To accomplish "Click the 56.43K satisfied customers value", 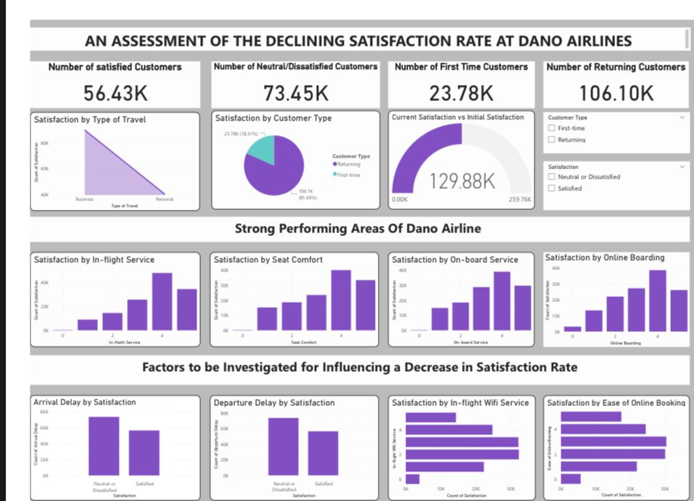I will pyautogui.click(x=115, y=93).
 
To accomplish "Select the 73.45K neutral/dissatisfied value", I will pyautogui.click(x=296, y=93).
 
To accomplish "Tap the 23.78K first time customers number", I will pyautogui.click(x=460, y=93).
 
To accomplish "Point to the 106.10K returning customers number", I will pyautogui.click(x=616, y=93).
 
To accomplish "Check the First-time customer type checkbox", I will pyautogui.click(x=552, y=129).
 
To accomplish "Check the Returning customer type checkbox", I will pyautogui.click(x=552, y=139).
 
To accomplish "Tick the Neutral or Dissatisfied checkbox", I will pyautogui.click(x=552, y=176).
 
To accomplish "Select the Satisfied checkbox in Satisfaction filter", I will pyautogui.click(x=552, y=188).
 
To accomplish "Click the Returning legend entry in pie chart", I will pyautogui.click(x=351, y=164).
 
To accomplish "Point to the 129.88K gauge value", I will pyautogui.click(x=463, y=181).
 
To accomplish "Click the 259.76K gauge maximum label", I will pyautogui.click(x=520, y=198).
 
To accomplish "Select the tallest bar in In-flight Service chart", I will pyautogui.click(x=162, y=301).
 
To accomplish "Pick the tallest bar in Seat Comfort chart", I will pyautogui.click(x=341, y=300).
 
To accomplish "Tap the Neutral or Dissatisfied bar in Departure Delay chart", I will pyautogui.click(x=283, y=447).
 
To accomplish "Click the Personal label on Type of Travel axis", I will pyautogui.click(x=165, y=198).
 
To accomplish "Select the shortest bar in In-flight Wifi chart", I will pyautogui.click(x=412, y=478).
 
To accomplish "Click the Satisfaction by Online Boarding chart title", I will pyautogui.click(x=604, y=258).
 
